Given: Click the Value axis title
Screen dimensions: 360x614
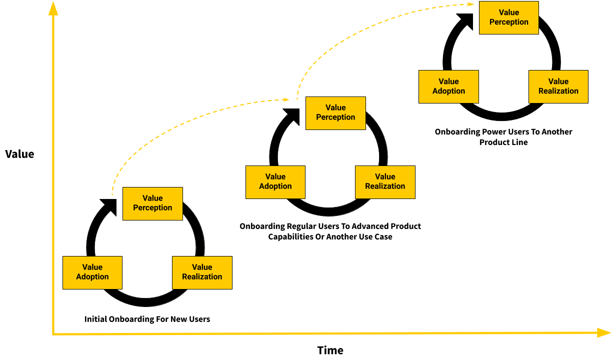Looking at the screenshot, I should [x=19, y=154].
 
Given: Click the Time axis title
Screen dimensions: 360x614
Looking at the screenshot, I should [x=330, y=350].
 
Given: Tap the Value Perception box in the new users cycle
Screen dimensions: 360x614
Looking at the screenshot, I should [x=152, y=203].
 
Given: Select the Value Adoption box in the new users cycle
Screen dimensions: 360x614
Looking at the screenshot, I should [x=92, y=272].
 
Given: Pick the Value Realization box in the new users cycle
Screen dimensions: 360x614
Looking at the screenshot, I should [x=202, y=272].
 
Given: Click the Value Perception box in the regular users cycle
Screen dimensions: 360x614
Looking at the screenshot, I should [x=335, y=113].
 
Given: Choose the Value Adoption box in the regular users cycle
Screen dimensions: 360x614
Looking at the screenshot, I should [x=275, y=182].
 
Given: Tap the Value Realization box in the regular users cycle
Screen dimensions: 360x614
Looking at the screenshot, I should [x=385, y=182].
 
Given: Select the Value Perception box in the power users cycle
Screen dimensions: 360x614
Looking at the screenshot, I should [x=508, y=17].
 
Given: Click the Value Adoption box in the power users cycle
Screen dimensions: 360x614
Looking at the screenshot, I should [x=448, y=86].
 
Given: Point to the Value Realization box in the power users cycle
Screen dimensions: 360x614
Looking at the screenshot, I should [x=558, y=86].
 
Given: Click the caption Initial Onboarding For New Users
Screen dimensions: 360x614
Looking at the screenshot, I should [x=147, y=319].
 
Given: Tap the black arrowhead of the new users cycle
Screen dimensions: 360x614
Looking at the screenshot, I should [x=109, y=205].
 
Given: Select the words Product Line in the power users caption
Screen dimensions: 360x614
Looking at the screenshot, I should [x=503, y=142].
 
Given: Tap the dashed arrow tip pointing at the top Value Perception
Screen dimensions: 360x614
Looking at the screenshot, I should [x=471, y=4].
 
